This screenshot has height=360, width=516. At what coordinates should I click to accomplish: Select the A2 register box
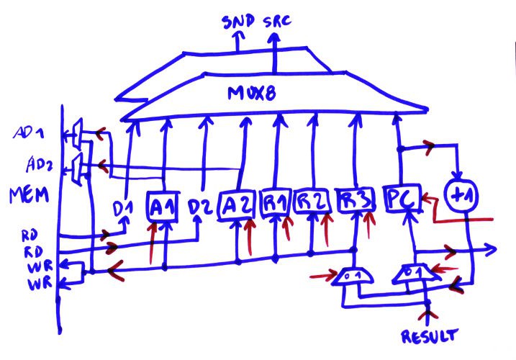coord(236,204)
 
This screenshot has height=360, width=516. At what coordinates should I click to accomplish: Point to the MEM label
coord(27,196)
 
